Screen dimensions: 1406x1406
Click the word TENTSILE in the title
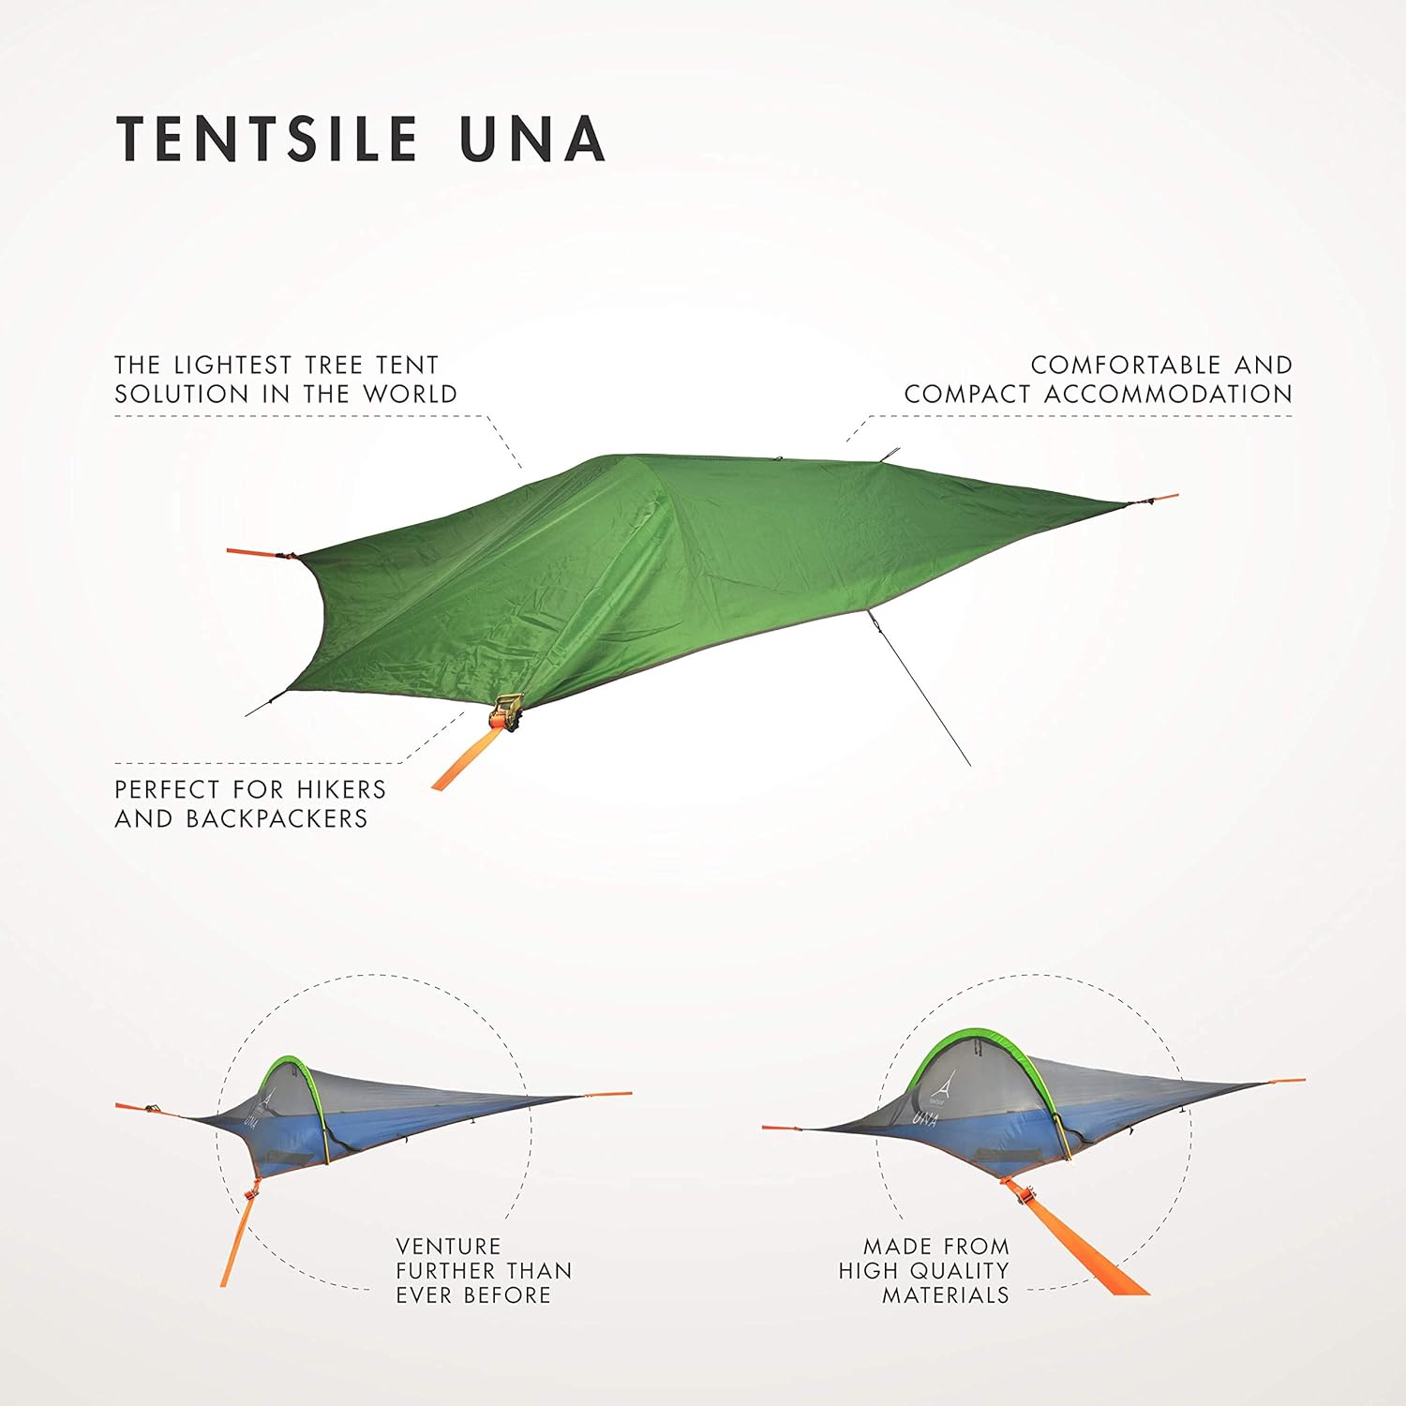[x=266, y=139]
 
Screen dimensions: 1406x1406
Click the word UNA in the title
[x=531, y=139]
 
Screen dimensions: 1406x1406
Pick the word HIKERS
[x=341, y=789]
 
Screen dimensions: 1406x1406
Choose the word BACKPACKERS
[x=277, y=818]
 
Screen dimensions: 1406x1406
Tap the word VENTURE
[x=448, y=1247]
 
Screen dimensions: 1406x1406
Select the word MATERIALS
[x=945, y=1295]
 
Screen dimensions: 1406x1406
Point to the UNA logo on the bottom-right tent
[x=924, y=1117]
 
